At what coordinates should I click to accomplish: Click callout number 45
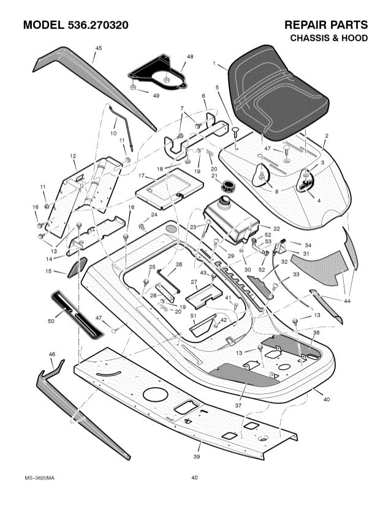99,48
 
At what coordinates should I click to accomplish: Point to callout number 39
197,456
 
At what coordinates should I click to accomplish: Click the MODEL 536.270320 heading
75,26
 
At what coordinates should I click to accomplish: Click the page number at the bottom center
194,477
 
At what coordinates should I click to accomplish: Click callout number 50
51,320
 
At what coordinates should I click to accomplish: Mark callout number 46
51,355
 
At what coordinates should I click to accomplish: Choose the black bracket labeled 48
158,72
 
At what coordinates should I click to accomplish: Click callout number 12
73,156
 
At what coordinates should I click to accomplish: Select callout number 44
347,301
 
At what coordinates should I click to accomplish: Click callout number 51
193,315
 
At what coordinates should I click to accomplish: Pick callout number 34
307,244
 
